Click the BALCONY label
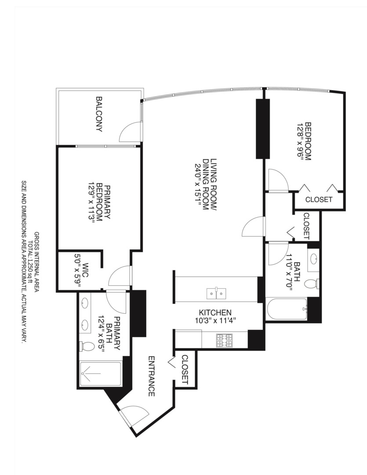(x=99, y=114)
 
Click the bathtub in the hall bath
(x=287, y=309)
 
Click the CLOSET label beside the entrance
(x=185, y=369)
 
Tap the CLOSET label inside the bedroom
(x=319, y=199)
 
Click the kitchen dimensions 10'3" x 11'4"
(x=216, y=320)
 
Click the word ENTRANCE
(x=151, y=376)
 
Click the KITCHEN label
(x=216, y=312)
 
